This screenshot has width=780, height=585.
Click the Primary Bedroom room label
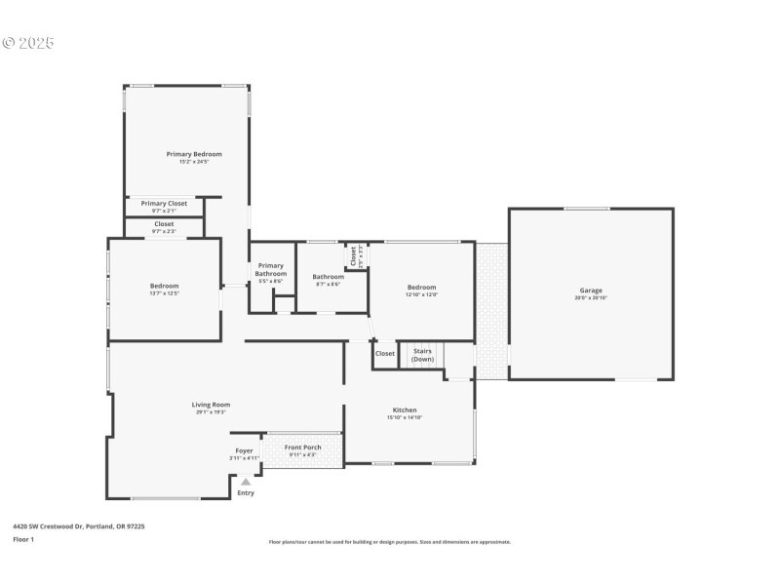coord(194,154)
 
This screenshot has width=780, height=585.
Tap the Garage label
coord(591,291)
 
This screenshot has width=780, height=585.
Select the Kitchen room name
coord(405,409)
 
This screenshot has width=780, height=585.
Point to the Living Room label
coord(211,405)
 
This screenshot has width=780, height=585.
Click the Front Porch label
coord(302,448)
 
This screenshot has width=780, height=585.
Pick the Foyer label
coord(244,450)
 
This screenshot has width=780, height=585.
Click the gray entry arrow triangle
coord(246,481)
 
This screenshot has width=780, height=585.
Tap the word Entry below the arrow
coord(246,493)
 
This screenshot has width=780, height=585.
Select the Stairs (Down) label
coord(423,354)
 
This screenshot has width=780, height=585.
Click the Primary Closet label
coord(164,203)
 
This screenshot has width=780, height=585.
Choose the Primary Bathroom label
coord(270,269)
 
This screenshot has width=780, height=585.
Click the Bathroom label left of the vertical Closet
coord(328,277)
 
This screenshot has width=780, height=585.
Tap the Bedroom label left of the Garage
coord(421,287)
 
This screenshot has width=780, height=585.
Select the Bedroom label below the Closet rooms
coord(164,286)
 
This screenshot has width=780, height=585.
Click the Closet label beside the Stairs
coord(385,354)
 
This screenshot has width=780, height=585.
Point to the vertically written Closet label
coord(353,254)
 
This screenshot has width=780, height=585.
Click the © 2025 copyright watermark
coord(28,43)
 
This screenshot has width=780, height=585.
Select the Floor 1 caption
coord(23,539)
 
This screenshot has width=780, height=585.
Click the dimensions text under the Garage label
coord(591,298)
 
